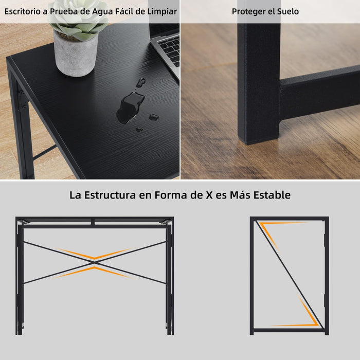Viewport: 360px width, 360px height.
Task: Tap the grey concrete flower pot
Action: tap(75, 55)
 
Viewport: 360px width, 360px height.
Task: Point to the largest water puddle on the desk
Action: tap(130, 107)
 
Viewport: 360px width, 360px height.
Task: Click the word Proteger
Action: tap(248, 12)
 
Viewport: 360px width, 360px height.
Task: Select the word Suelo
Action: tap(288, 11)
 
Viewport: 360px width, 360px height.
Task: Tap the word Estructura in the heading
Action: tap(110, 195)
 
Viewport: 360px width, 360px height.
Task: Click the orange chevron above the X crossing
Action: tap(95, 254)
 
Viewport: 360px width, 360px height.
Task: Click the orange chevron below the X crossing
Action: tap(94, 272)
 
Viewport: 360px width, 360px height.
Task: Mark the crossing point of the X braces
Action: tap(94, 262)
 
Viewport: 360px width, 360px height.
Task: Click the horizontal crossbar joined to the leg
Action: tap(319, 93)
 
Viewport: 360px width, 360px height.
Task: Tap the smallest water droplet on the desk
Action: tap(139, 130)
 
